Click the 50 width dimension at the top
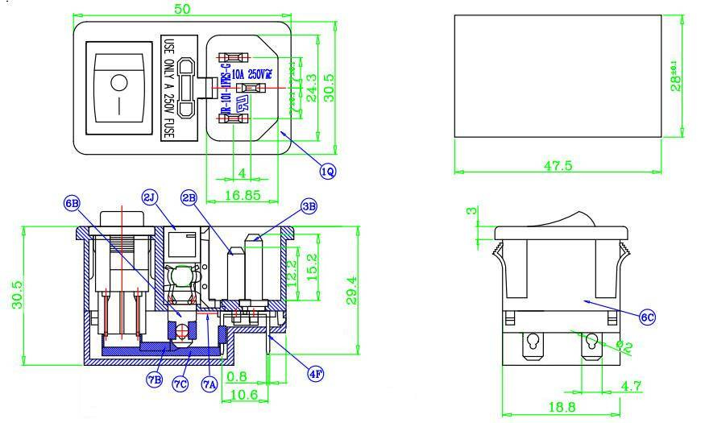tap(183, 9)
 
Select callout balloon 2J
tap(150, 197)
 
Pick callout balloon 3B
tap(309, 206)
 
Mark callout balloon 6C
tap(647, 317)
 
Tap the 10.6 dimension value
tap(243, 395)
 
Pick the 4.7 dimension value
tap(631, 386)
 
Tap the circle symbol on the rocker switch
tap(118, 81)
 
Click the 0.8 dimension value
tap(238, 376)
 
